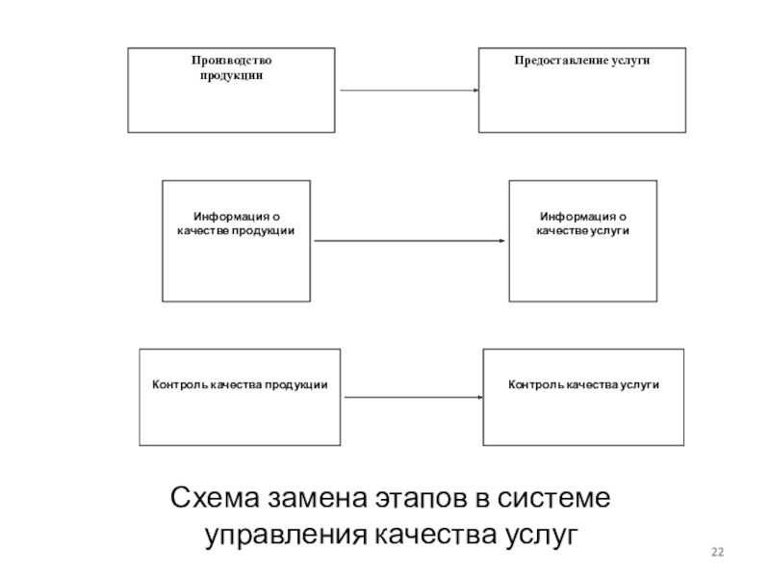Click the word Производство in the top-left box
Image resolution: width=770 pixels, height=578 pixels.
[x=231, y=61]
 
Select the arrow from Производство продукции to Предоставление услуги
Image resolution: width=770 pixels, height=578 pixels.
[x=409, y=91]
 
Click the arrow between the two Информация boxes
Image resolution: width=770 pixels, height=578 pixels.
[x=410, y=241]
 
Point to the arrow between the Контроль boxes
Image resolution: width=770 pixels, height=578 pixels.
[x=414, y=397]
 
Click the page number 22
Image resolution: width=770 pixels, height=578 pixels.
[x=717, y=552]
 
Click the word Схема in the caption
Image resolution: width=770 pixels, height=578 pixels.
[x=215, y=497]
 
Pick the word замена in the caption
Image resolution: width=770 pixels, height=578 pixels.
[x=318, y=498]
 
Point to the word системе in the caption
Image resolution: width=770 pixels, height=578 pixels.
[x=553, y=498]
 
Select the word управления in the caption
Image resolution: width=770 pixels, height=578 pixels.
[x=286, y=536]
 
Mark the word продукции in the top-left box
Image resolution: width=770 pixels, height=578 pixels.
[x=231, y=76]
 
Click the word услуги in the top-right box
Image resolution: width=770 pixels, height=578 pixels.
[x=631, y=61]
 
